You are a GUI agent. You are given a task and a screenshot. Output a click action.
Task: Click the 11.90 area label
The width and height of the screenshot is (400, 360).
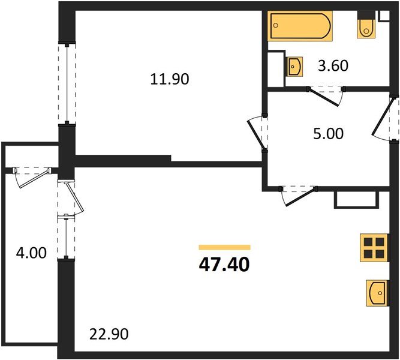point(170,79)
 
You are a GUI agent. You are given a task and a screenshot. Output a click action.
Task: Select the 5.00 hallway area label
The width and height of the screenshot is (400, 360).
point(329,133)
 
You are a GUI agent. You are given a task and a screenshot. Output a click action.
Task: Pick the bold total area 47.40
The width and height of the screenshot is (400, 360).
point(224,263)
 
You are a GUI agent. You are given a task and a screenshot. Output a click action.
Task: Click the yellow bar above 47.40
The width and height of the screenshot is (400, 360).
point(224,247)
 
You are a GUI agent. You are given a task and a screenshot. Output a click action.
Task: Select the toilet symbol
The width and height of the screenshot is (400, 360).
point(365,26)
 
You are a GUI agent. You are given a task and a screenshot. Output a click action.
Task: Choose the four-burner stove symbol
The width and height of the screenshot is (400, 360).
point(372,247)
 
